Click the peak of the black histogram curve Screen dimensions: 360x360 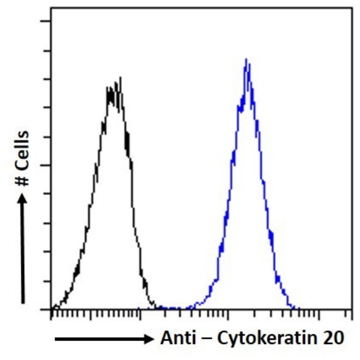coord(120,77)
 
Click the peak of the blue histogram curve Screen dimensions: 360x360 coord(246,59)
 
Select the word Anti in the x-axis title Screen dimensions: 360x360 coord(178,338)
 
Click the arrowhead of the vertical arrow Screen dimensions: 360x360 coord(23,196)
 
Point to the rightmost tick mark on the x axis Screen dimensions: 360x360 coord(351,314)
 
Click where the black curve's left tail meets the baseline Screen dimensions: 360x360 coord(52,308)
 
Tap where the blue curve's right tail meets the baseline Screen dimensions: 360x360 coord(297,308)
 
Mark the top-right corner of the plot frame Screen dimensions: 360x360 coord(352,9)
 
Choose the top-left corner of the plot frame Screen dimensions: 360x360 coord(51,9)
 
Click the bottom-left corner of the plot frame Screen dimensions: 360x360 coord(51,309)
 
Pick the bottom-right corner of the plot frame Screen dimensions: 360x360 coord(352,309)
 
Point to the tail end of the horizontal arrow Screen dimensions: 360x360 coord(56,339)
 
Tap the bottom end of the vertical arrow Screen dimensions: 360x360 coord(23,302)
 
